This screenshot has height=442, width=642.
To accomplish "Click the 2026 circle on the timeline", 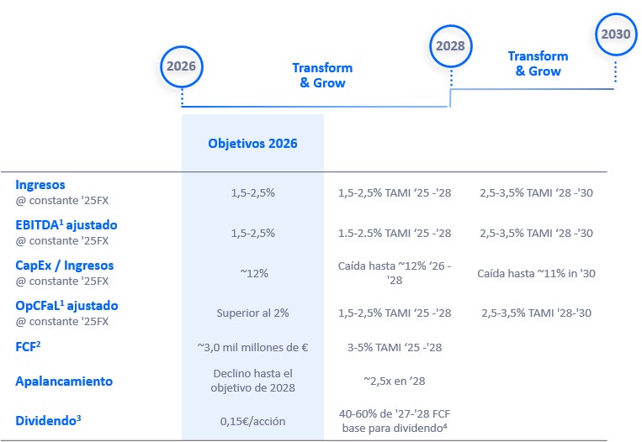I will (182, 66).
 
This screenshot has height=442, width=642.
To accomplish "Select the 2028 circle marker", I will (451, 46).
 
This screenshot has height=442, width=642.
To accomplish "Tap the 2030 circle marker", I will (615, 35).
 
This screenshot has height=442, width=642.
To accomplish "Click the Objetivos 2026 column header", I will (252, 143).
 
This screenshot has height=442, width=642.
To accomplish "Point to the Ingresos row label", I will (40, 185).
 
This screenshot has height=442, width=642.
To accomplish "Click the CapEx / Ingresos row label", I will (64, 266).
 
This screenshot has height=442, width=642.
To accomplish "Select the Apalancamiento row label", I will (64, 381).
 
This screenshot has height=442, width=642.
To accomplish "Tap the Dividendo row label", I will (48, 420).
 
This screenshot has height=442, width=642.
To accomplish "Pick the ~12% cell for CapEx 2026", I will (252, 273).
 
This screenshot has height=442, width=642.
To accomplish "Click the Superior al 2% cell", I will (252, 313).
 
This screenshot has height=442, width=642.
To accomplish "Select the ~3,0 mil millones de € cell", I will (252, 346).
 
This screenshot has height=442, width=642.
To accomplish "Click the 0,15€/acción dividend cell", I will (252, 420).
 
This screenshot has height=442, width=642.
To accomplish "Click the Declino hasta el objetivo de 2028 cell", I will (252, 381).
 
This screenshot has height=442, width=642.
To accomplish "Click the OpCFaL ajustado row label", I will (66, 306).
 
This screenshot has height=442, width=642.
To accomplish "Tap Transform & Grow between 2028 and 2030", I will (538, 64).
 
